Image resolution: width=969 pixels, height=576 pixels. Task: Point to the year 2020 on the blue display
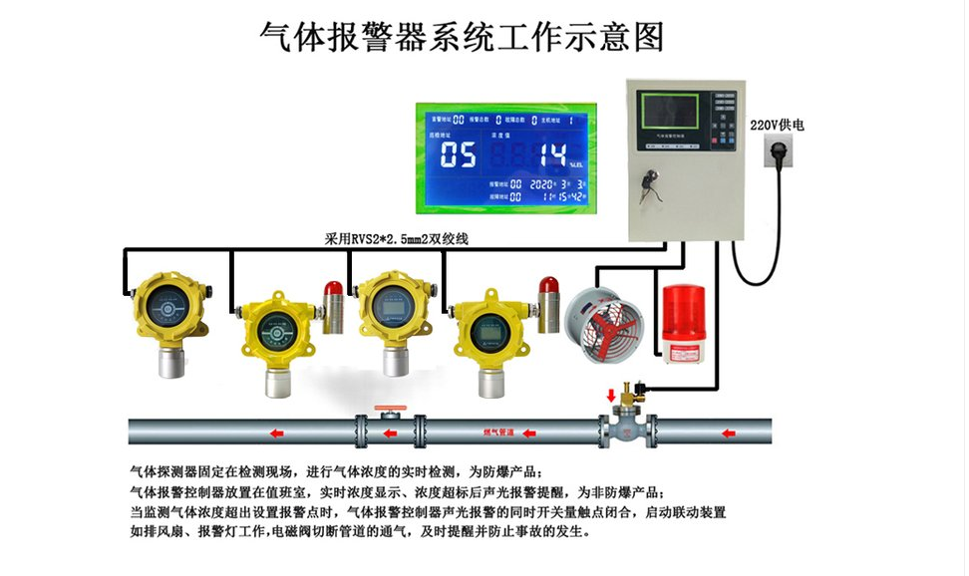pyautogui.click(x=542, y=185)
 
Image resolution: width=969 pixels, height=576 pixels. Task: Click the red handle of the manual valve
pyautogui.click(x=387, y=409)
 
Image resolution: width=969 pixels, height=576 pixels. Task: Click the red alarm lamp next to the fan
pyautogui.click(x=546, y=287)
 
